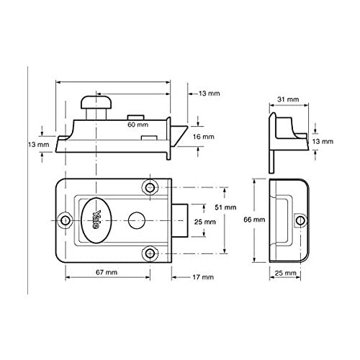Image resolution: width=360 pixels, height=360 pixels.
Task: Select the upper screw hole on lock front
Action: click(x=150, y=187)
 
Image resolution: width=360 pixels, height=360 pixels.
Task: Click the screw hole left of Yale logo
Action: click(x=66, y=220)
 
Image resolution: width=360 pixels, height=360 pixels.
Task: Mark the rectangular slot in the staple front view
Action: click(x=283, y=219)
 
